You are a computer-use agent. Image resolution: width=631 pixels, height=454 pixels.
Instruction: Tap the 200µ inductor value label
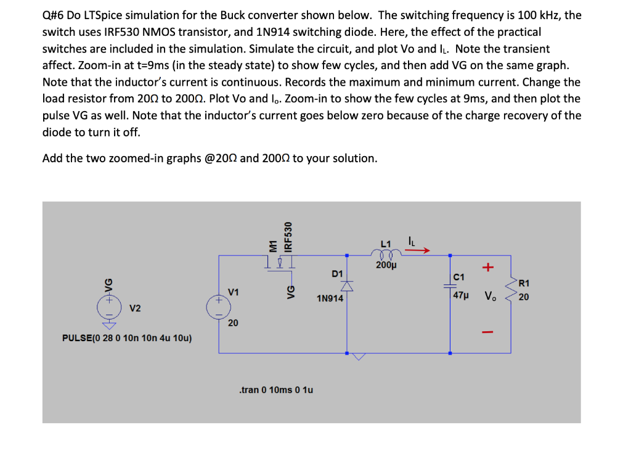tap(386, 266)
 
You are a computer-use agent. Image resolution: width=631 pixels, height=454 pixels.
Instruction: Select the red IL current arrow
tap(418, 250)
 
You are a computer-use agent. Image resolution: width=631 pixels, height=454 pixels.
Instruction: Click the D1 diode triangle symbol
tap(347, 286)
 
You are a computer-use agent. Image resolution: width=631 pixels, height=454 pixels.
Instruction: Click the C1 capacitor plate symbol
tap(450, 284)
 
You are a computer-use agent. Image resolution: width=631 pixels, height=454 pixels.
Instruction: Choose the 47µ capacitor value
tap(461, 296)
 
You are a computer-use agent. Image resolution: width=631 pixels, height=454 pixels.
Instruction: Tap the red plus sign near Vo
tap(489, 268)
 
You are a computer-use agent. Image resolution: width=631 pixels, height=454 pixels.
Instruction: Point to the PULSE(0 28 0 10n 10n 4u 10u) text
tap(128, 338)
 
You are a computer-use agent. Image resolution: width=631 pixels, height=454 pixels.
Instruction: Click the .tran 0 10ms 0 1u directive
tap(276, 390)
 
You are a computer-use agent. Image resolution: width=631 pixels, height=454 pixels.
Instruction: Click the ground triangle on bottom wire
tap(359, 356)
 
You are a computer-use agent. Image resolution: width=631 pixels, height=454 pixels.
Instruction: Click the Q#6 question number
tap(54, 15)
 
